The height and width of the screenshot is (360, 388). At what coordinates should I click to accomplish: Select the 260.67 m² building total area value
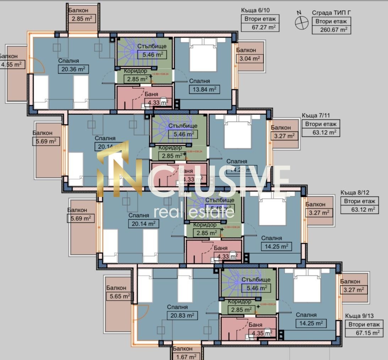point(331,29)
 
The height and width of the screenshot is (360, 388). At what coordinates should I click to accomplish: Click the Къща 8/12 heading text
point(355,192)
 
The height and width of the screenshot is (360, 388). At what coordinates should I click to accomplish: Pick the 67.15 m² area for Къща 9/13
point(364,333)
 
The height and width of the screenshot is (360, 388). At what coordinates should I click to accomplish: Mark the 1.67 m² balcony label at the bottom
point(183,356)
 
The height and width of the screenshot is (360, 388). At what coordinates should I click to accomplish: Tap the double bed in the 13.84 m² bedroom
point(203,55)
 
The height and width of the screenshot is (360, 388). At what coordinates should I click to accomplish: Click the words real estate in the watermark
point(194,212)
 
